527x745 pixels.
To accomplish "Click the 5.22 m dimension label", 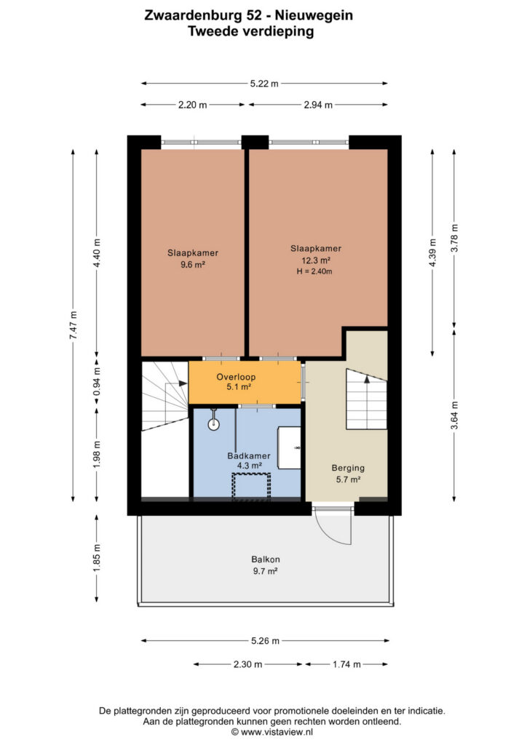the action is [x=264, y=84].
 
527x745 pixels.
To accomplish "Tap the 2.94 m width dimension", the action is [x=318, y=105].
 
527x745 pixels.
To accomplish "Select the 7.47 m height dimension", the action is [x=74, y=325].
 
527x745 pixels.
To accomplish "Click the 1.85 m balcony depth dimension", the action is [x=97, y=558].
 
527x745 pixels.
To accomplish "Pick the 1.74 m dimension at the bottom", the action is [x=346, y=664].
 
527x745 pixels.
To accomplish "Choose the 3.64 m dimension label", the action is [x=455, y=415].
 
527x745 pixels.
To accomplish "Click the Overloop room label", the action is [x=236, y=377].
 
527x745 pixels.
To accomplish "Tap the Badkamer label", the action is [x=249, y=455].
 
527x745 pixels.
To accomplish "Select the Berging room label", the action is [x=348, y=468].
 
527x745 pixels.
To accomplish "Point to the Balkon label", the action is [x=266, y=559].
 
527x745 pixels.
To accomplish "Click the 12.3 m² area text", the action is [x=316, y=260].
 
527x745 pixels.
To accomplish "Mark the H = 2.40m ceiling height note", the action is [x=314, y=271].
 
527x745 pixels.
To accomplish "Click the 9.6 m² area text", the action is [x=192, y=265].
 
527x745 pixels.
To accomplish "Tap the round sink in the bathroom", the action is [x=214, y=424].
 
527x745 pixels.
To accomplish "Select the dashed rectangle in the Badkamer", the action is [x=251, y=486].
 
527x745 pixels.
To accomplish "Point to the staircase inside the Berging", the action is [x=366, y=399].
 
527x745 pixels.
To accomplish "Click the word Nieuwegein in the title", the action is [x=314, y=16].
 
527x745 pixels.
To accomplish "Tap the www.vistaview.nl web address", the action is [x=276, y=732].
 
